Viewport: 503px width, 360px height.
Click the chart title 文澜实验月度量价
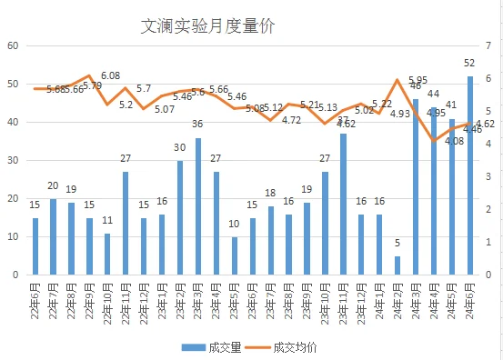pyautogui.click(x=208, y=26)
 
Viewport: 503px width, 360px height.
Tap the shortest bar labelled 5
pyautogui.click(x=397, y=265)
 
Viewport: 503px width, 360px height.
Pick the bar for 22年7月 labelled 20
pyautogui.click(x=53, y=236)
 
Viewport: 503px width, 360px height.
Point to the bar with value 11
pyautogui.click(x=107, y=254)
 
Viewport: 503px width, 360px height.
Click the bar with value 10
pyautogui.click(x=234, y=255)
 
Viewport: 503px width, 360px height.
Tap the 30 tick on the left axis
pyautogui.click(x=13, y=160)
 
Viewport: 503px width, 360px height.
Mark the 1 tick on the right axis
pyautogui.click(x=488, y=242)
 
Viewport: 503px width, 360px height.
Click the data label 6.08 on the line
pyautogui.click(x=110, y=76)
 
